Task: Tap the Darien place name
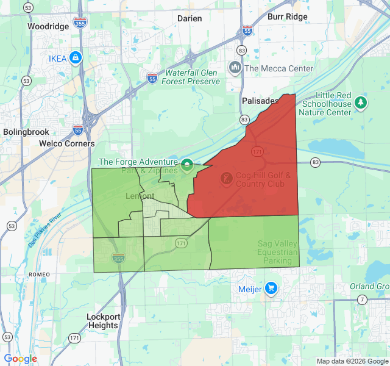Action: [190, 18]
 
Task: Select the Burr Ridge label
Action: [288, 16]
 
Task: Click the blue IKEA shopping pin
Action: [76, 58]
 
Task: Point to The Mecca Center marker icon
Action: [235, 68]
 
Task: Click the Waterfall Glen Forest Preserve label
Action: [191, 77]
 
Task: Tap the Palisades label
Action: [260, 100]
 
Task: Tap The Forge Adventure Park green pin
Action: [186, 164]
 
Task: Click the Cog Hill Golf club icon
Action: [225, 179]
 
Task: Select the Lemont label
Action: [140, 196]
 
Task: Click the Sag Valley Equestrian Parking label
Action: [277, 252]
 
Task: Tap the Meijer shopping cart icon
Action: [271, 289]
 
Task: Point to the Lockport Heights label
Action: [102, 321]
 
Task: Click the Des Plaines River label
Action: [46, 229]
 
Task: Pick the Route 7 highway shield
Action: [363, 300]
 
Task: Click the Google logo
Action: [20, 359]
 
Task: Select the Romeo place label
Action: [38, 275]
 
